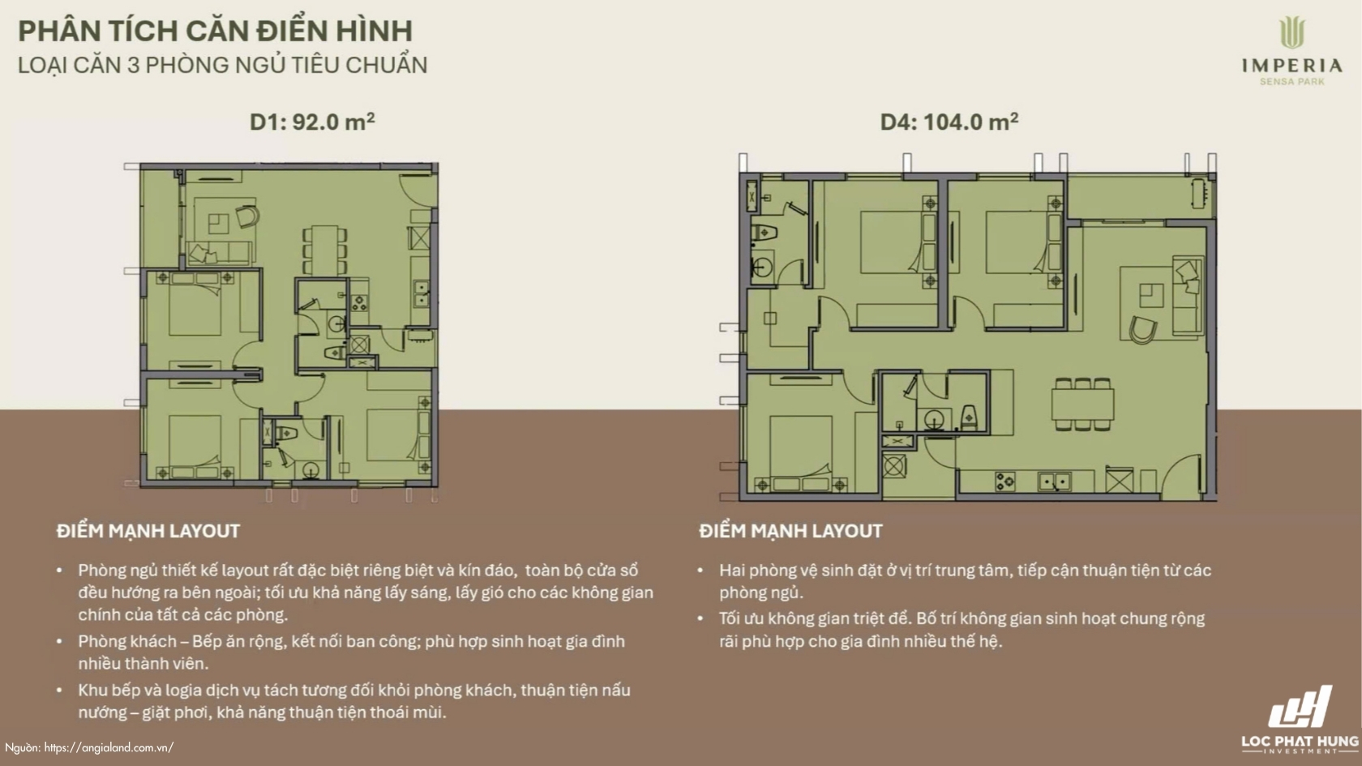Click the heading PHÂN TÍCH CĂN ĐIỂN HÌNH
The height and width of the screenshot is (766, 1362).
click(x=216, y=32)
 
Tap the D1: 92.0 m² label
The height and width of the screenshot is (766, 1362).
click(x=312, y=122)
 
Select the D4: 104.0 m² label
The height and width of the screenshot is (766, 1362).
click(x=949, y=122)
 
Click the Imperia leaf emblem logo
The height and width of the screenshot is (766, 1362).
click(x=1291, y=32)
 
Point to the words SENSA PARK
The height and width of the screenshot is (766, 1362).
click(x=1292, y=81)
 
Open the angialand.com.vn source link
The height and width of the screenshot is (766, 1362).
click(x=109, y=747)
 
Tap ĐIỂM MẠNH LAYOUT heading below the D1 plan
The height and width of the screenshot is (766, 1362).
click(x=148, y=532)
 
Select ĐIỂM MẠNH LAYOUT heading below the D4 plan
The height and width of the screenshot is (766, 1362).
click(x=790, y=532)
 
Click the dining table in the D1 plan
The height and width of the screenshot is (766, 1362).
click(x=324, y=250)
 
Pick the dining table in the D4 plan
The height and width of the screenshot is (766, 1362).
click(x=1083, y=404)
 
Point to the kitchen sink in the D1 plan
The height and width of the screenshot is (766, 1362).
click(x=422, y=293)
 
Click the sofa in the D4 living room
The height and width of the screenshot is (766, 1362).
click(x=1187, y=296)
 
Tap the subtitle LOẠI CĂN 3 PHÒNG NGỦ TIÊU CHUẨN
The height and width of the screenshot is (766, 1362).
click(x=222, y=65)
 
